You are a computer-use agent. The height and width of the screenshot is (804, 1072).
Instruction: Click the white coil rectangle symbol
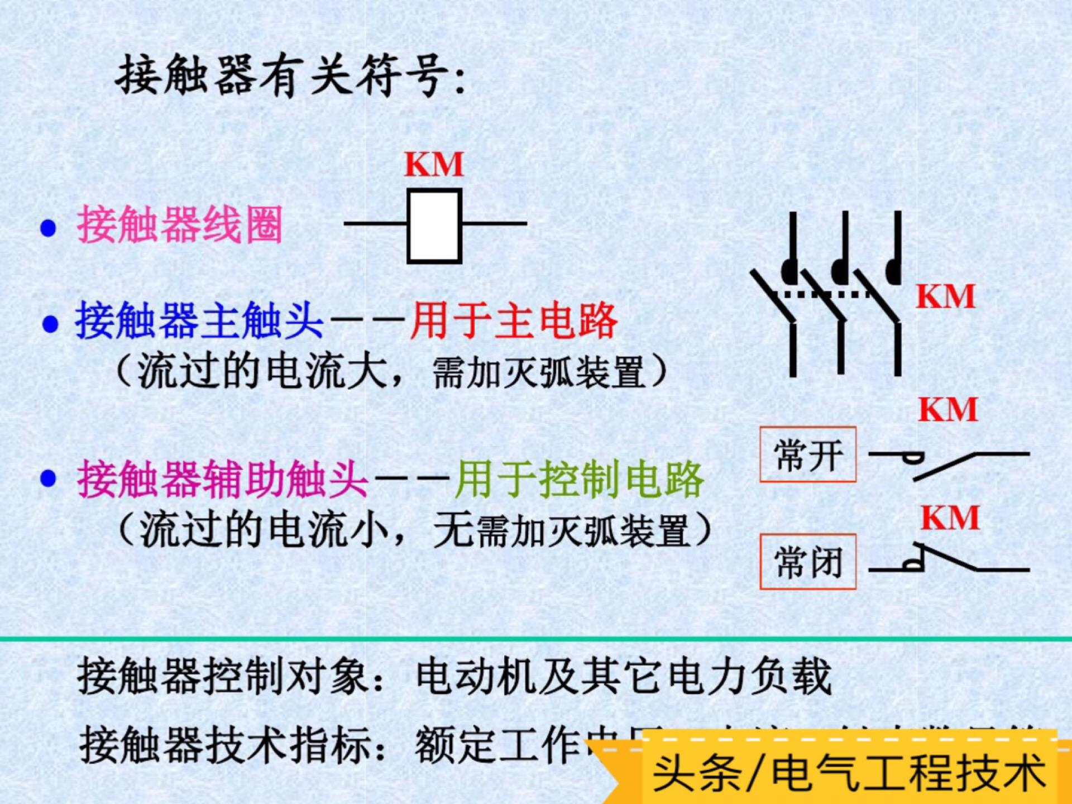tap(434, 226)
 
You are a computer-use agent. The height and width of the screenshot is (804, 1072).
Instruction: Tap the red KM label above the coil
tap(434, 164)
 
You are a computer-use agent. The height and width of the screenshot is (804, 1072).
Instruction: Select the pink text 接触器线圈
tap(180, 225)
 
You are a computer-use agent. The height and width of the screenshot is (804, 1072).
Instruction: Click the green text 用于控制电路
tap(579, 479)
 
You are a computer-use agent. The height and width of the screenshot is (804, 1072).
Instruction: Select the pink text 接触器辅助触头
tap(222, 479)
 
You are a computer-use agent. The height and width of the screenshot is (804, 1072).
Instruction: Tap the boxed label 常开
tap(808, 455)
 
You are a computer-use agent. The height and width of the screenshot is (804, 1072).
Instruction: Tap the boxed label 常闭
tap(808, 562)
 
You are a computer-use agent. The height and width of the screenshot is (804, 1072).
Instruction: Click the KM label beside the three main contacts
tap(945, 296)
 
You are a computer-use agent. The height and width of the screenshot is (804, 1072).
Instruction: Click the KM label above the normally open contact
tap(948, 410)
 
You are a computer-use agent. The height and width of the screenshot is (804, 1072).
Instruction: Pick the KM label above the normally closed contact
tap(950, 518)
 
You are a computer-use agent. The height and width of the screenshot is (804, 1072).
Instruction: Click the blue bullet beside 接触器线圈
tap(49, 228)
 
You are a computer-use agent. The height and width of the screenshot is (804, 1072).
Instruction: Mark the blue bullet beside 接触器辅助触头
tap(49, 479)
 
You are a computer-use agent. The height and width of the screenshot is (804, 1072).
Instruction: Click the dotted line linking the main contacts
tap(826, 294)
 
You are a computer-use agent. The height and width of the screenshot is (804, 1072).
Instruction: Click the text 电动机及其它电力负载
tap(624, 677)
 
